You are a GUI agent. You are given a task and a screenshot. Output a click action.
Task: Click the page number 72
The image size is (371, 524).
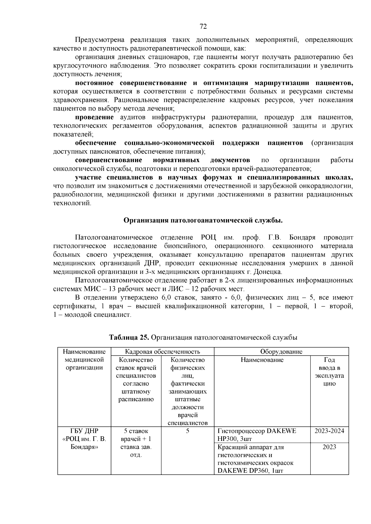(203, 26)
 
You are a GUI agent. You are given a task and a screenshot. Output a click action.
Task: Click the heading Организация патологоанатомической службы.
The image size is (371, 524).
(203, 220)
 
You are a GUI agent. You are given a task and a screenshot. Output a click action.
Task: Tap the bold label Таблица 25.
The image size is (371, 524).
(129, 337)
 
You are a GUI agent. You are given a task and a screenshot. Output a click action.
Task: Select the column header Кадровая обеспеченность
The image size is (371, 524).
(162, 351)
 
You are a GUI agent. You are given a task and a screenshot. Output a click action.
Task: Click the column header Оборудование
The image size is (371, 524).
(281, 351)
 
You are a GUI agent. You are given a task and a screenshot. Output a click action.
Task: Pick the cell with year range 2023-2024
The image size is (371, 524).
(329, 431)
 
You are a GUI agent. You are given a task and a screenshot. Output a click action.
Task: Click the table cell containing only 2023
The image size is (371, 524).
(329, 447)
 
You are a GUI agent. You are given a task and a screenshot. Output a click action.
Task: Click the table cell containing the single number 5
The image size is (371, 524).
(188, 431)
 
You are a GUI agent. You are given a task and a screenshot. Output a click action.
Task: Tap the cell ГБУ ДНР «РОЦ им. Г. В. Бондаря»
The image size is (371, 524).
(84, 439)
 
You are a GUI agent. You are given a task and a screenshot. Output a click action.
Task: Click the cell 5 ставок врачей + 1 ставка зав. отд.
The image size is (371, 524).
(136, 443)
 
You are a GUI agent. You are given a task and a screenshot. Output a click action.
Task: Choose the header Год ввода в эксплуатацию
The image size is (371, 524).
(329, 372)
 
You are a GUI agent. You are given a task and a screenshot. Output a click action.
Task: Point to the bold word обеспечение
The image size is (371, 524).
(96, 143)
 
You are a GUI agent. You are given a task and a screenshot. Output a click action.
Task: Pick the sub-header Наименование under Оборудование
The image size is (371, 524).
(262, 360)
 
